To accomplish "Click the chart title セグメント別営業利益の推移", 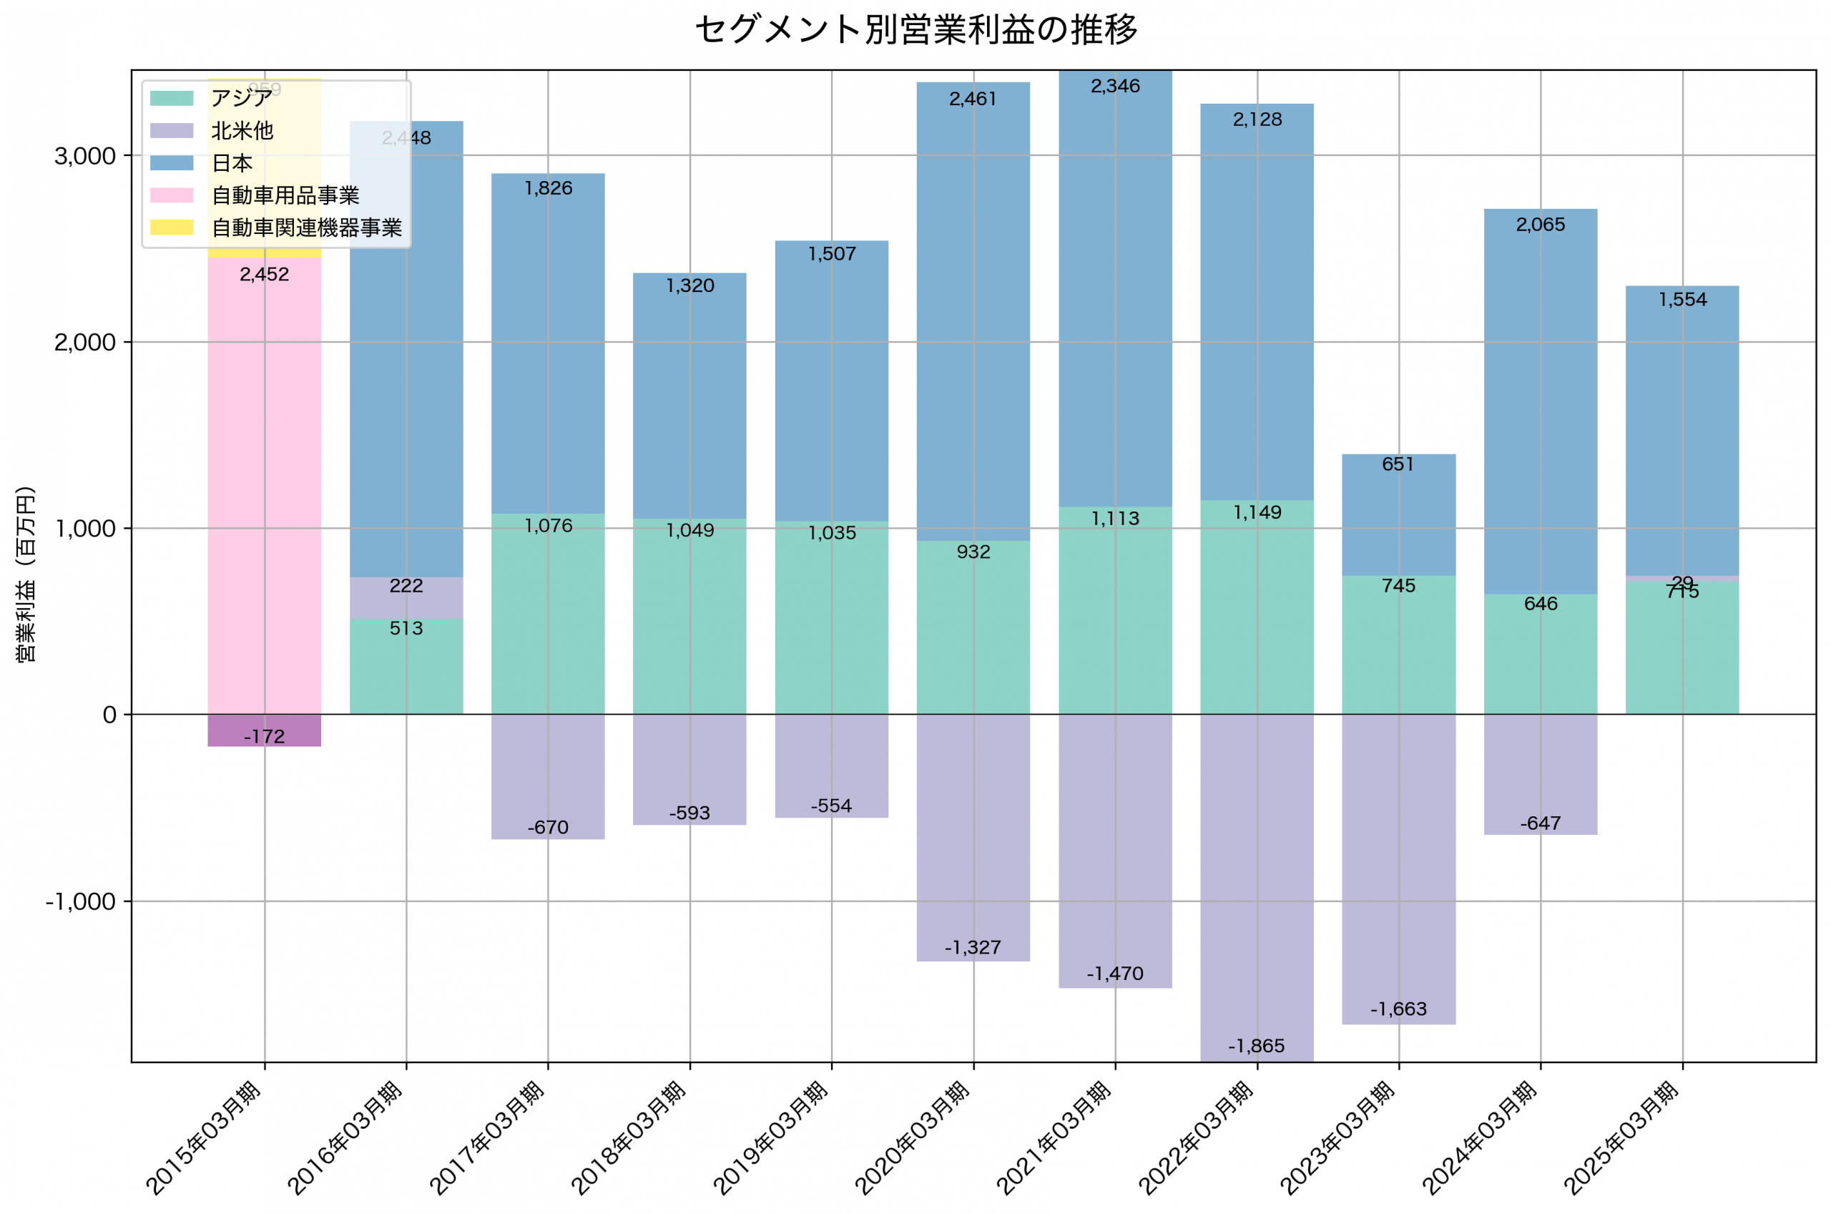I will [915, 29].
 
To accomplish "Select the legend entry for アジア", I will [241, 97].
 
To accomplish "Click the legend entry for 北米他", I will [242, 130].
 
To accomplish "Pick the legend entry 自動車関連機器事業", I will [306, 227].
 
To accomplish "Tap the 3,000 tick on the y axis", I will [84, 156].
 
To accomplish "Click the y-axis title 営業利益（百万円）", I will [26, 574].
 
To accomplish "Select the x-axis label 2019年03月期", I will [770, 1138].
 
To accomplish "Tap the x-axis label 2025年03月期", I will [1621, 1138].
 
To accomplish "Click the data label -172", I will [264, 736].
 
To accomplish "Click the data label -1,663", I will [1398, 1009].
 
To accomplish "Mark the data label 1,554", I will [1682, 300].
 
